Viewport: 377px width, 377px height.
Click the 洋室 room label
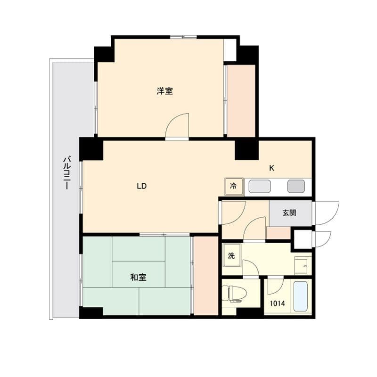pyautogui.click(x=164, y=91)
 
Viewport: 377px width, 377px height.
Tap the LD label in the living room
pyautogui.click(x=142, y=186)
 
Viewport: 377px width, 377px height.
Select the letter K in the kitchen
pyautogui.click(x=271, y=168)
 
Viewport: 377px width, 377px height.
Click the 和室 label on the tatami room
pyautogui.click(x=138, y=277)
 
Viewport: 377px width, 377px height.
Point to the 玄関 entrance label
pyautogui.click(x=289, y=213)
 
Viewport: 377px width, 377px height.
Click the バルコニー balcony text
pyautogui.click(x=67, y=172)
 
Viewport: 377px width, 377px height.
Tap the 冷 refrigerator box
pyautogui.click(x=234, y=186)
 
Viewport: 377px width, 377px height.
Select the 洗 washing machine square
pyautogui.click(x=232, y=255)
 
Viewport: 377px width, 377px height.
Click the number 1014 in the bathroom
pyautogui.click(x=277, y=303)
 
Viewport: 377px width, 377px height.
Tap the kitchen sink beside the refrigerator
pyautogui.click(x=260, y=186)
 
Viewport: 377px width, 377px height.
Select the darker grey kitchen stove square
pyautogui.click(x=296, y=186)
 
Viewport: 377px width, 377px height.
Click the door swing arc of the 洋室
pyautogui.click(x=173, y=120)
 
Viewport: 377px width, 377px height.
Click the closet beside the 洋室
pyautogui.click(x=241, y=101)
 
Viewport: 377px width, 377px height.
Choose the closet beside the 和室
pyautogui.click(x=206, y=276)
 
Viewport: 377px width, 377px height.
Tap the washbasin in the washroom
pyautogui.click(x=303, y=265)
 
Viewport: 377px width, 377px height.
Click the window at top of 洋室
pyautogui.click(x=183, y=37)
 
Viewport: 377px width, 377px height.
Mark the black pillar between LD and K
pyautogui.click(x=246, y=150)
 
